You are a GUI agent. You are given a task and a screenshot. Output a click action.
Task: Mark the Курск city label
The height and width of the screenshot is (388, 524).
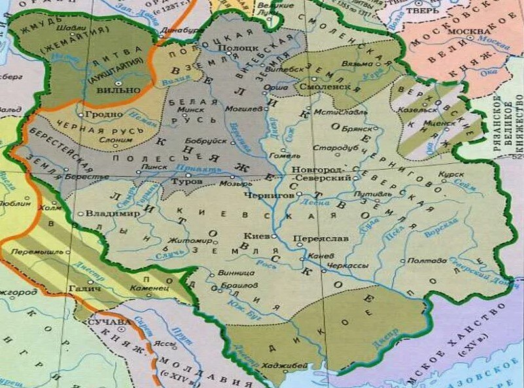(x=452, y=175)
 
